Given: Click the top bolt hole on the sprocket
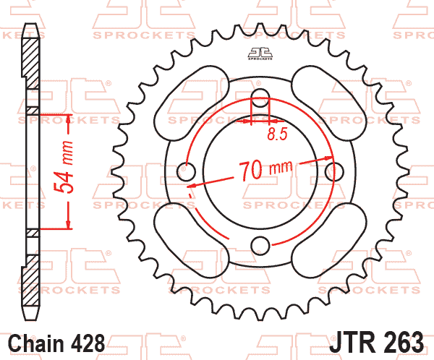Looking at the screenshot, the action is coord(260,98).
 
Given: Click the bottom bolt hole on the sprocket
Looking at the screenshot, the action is coord(260,245).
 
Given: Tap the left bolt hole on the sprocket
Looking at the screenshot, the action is coord(186,171).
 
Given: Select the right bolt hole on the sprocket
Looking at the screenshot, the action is coord(334,171).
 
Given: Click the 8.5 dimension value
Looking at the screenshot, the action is coord(278,134).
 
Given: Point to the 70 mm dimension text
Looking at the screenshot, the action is coord(265,170).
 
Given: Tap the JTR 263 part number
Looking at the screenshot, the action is coord(376,343).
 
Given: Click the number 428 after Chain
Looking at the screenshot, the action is coord(88,343).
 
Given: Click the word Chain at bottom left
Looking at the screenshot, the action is coord(36,343).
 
